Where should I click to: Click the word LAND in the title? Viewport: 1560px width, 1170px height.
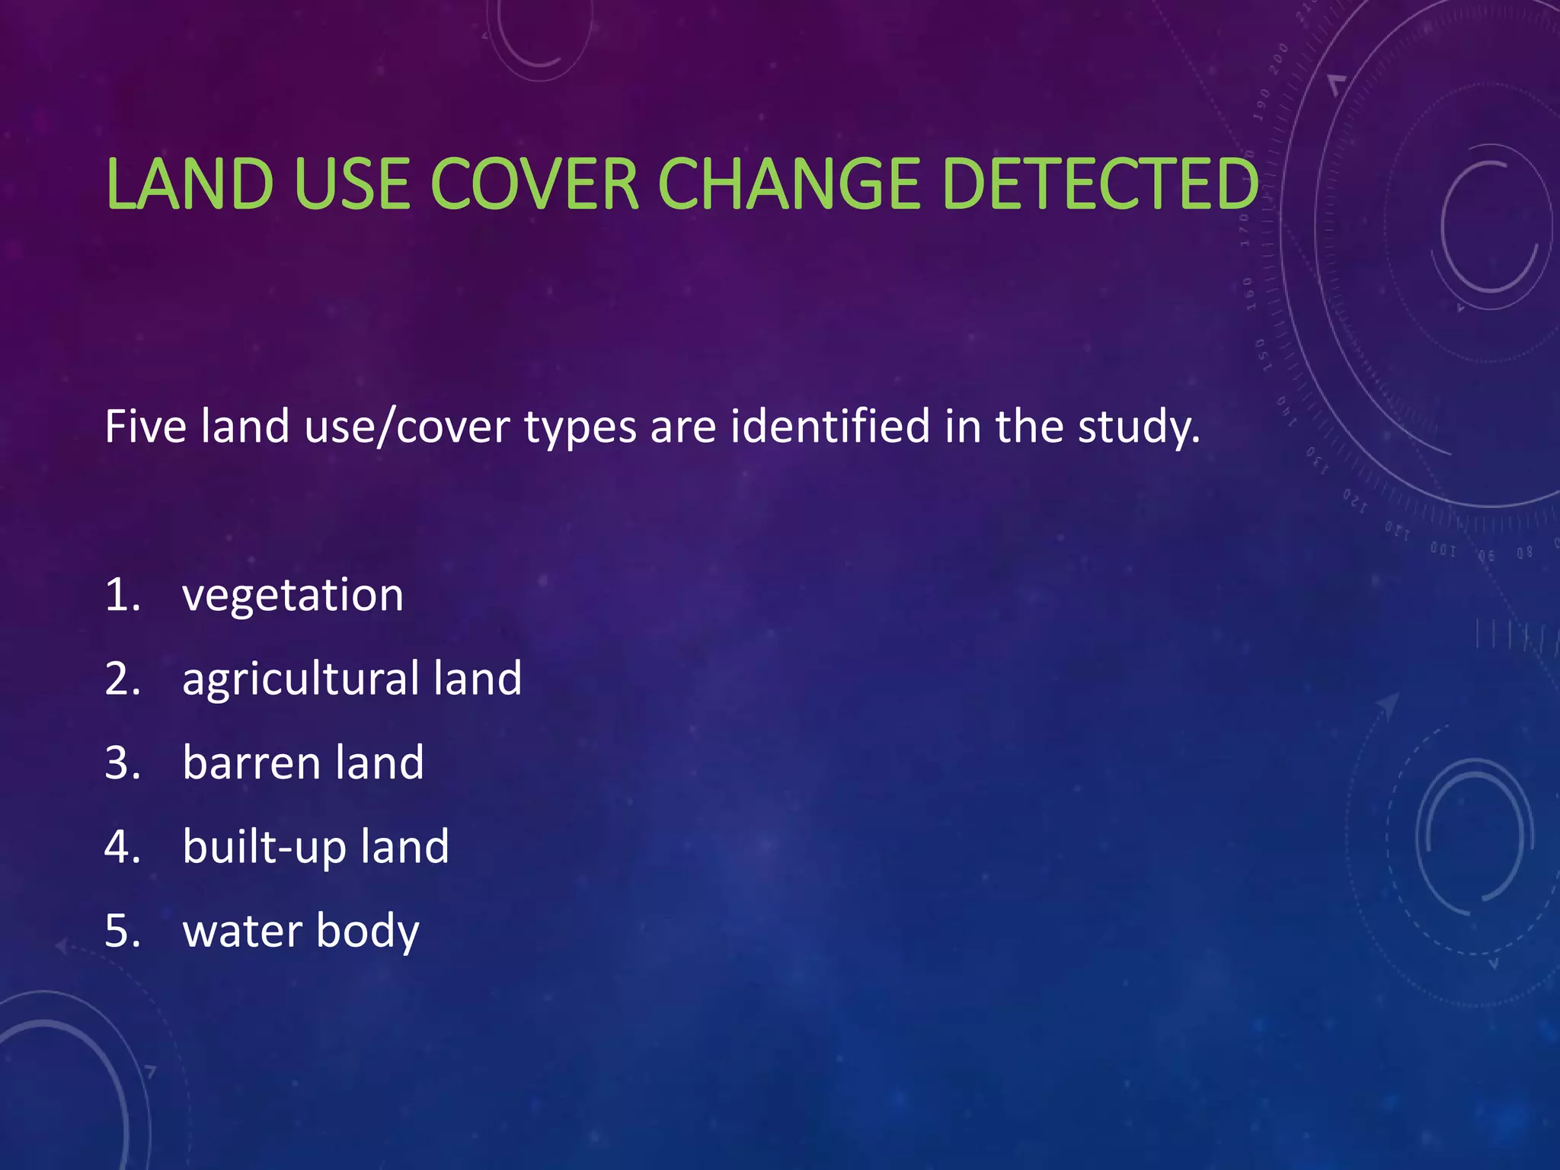190,184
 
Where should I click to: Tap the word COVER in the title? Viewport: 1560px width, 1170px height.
535,184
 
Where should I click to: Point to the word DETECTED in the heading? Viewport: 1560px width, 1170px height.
1100,184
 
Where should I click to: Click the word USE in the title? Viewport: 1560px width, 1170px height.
352,184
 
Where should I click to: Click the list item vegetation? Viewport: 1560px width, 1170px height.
292,595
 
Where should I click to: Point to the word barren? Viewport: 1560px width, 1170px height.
251,762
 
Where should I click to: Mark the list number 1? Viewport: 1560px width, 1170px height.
122,595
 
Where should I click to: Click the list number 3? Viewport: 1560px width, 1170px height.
122,762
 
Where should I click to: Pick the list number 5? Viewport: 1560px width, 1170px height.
122,932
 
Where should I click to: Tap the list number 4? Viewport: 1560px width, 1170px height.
122,847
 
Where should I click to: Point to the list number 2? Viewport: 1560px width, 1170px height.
122,679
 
